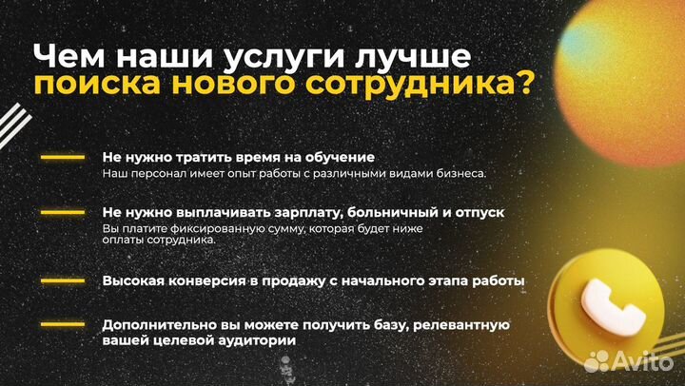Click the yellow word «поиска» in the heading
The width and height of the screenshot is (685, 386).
click(x=88, y=85)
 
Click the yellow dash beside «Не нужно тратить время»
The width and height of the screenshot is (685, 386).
click(x=62, y=157)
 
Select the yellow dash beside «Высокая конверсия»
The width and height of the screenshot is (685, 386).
click(x=62, y=281)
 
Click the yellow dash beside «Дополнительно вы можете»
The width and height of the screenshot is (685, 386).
click(x=62, y=325)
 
